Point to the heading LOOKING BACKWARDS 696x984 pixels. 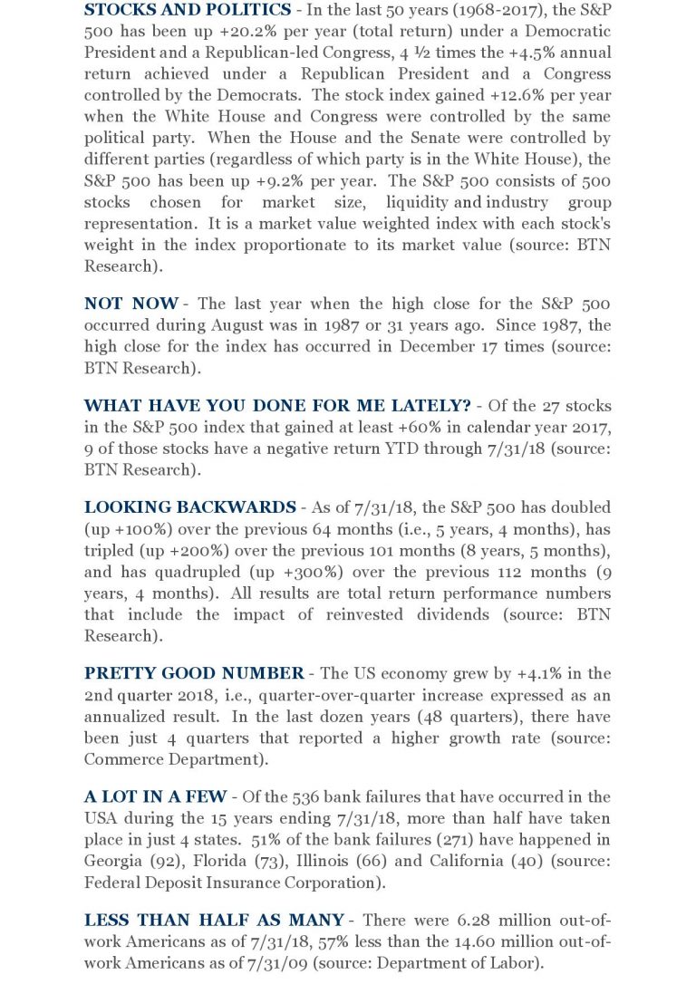[189, 506]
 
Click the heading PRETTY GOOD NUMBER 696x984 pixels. [194, 673]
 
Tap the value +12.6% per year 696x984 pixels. [537, 95]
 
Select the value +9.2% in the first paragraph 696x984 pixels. [264, 181]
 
